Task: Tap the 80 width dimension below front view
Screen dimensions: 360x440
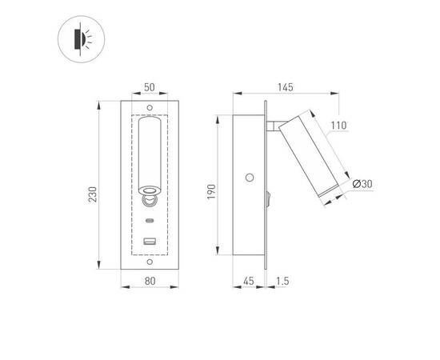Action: pyautogui.click(x=150, y=281)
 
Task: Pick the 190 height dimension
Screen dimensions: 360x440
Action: pyautogui.click(x=213, y=192)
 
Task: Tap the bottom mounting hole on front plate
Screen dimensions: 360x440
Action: pyautogui.click(x=150, y=260)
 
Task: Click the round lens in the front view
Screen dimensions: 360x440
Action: pyautogui.click(x=150, y=190)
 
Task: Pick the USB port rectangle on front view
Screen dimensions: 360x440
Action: pyautogui.click(x=150, y=241)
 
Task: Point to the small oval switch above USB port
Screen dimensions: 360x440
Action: pyautogui.click(x=150, y=219)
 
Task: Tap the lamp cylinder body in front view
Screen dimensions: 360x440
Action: pyautogui.click(x=150, y=152)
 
